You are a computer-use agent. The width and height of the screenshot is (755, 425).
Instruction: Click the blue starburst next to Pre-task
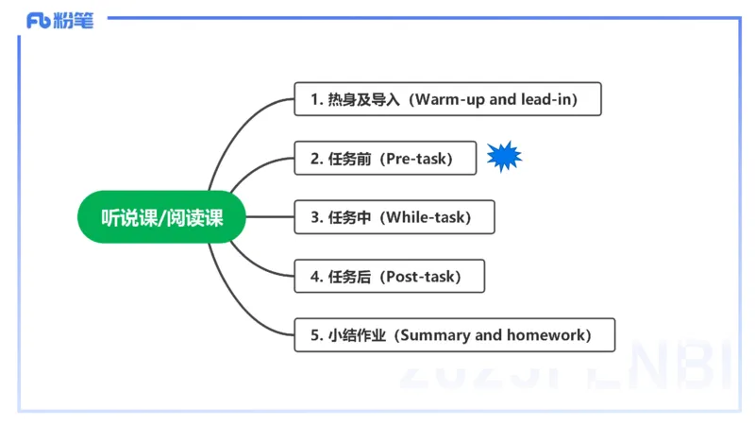click(x=504, y=157)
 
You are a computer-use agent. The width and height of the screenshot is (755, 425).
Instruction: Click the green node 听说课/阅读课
click(x=161, y=217)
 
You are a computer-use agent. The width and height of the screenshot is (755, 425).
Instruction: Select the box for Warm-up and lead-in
click(x=447, y=99)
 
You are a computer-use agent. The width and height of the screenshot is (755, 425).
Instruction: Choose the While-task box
click(x=394, y=217)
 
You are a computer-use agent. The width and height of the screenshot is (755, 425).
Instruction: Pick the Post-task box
click(x=389, y=277)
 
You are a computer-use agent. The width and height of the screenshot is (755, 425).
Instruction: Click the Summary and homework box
click(x=454, y=335)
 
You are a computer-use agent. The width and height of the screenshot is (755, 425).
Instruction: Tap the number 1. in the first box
click(x=316, y=99)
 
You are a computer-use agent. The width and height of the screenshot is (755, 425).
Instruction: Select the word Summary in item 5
click(x=433, y=335)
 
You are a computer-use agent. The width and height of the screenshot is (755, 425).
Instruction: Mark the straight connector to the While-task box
click(x=271, y=217)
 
